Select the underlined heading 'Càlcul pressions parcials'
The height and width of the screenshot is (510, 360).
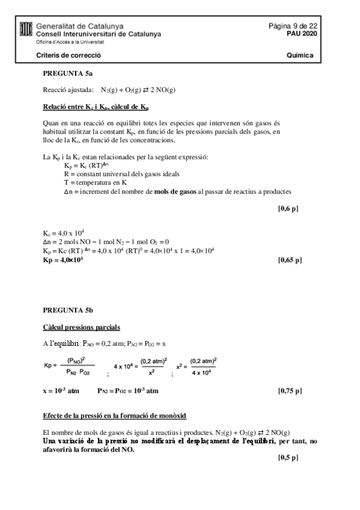point(81,327)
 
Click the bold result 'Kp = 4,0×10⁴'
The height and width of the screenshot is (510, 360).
point(63,260)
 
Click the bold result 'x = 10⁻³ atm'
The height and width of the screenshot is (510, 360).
point(61,390)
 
